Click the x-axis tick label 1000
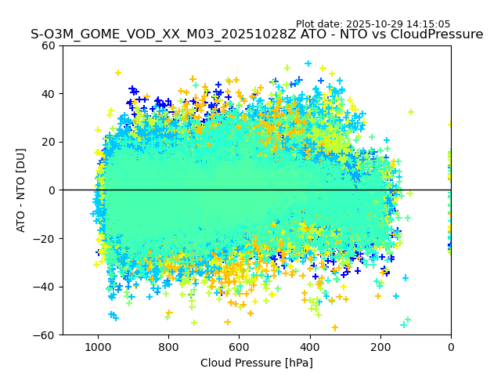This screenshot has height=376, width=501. [98, 345]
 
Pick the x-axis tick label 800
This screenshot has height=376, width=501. [168, 345]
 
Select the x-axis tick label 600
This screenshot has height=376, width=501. [239, 345]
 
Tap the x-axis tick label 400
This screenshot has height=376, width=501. [309, 345]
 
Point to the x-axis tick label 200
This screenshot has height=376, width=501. [380, 345]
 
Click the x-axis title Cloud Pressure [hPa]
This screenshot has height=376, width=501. [257, 363]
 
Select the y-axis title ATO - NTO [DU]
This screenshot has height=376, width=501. [22, 190]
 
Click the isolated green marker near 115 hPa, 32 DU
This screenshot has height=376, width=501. [410, 112]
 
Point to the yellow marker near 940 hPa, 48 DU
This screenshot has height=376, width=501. [118, 73]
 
